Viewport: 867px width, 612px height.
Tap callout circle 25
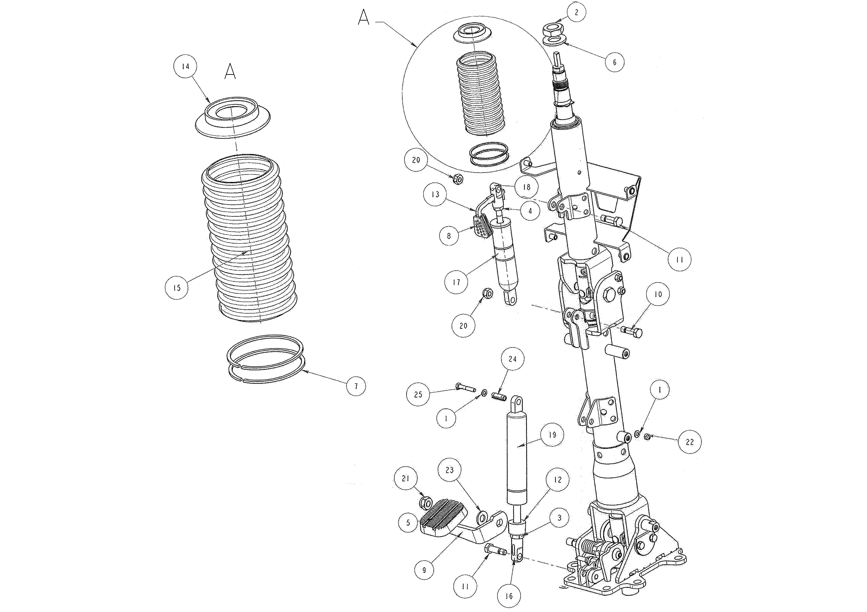[418, 395]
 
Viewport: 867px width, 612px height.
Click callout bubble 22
[690, 442]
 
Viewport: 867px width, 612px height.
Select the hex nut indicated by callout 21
[426, 503]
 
